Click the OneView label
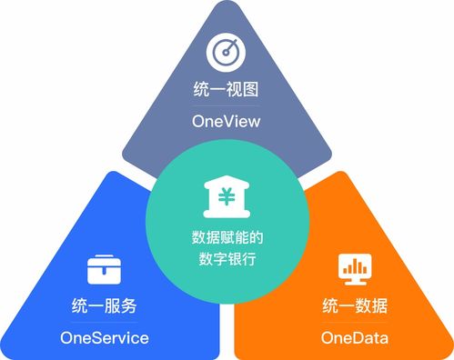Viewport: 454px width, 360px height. (x=227, y=122)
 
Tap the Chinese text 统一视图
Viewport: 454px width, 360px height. (x=227, y=91)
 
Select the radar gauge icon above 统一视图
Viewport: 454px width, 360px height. (x=227, y=52)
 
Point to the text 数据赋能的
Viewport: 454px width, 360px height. (x=227, y=238)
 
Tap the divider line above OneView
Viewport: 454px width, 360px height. (x=227, y=106)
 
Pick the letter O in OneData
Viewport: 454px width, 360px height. (x=328, y=338)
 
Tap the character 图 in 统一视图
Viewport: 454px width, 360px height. (x=251, y=91)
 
